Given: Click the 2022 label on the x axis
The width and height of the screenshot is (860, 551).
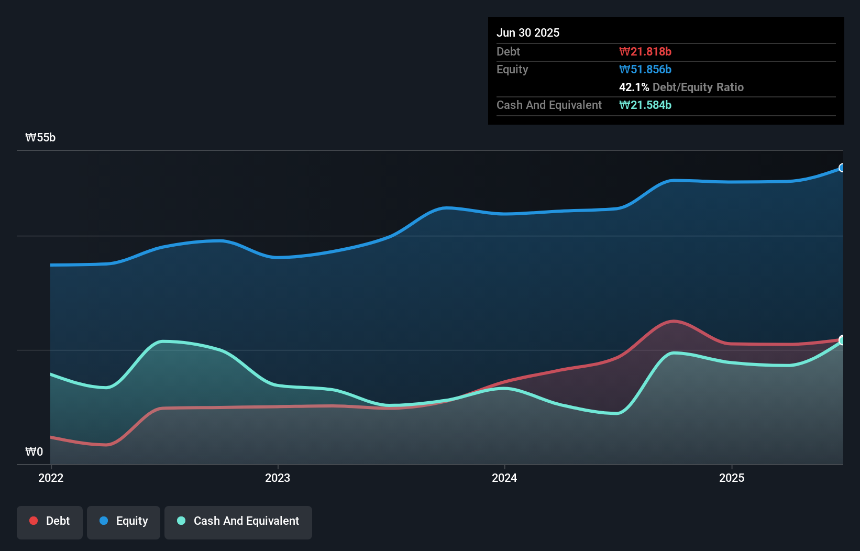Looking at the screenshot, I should tap(51, 478).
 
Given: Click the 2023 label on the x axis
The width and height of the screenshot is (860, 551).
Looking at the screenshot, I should tap(278, 478).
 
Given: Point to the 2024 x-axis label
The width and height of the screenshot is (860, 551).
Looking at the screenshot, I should tap(504, 478).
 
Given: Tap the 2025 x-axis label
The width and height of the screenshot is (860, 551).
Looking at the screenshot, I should tap(732, 478).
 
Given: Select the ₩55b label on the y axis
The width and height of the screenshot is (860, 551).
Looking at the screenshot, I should tap(40, 138).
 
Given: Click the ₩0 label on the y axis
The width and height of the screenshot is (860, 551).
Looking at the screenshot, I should tap(34, 451).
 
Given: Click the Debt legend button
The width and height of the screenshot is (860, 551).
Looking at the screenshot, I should tap(50, 521).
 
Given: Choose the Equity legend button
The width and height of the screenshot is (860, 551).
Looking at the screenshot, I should tap(124, 521).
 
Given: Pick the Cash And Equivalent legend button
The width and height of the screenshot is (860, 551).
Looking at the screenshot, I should tap(238, 521).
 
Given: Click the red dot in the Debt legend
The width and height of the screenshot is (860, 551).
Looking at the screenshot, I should tap(34, 521).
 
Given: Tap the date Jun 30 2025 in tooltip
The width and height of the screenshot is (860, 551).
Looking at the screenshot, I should tap(528, 32).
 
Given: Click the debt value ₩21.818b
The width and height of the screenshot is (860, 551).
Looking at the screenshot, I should tap(645, 51).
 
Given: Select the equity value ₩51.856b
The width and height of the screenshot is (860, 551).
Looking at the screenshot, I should tap(645, 69).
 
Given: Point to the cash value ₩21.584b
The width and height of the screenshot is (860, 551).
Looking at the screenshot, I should tap(645, 105).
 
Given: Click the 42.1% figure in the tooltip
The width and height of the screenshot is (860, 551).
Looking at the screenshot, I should tap(634, 87).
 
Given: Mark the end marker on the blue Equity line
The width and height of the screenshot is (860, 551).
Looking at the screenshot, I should tap(842, 168).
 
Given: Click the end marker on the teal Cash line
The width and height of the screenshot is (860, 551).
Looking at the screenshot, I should tap(842, 340).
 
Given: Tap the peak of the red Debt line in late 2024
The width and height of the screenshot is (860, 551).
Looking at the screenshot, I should tap(673, 321).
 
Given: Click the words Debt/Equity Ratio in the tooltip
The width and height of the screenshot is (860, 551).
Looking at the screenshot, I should tap(698, 87).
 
